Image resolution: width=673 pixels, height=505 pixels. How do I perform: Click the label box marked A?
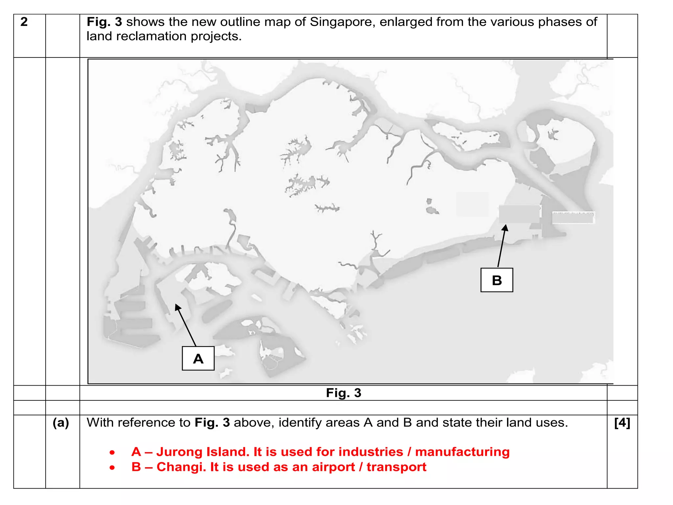pyautogui.click(x=198, y=358)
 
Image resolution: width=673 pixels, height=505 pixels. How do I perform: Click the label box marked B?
pyautogui.click(x=497, y=280)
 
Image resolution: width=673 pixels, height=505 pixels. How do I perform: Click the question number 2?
pyautogui.click(x=24, y=22)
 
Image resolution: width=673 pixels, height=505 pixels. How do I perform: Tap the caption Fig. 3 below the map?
pyautogui.click(x=343, y=393)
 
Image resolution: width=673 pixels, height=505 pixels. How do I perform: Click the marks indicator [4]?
pyautogui.click(x=622, y=423)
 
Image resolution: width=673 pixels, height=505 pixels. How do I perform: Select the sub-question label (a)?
pyautogui.click(x=61, y=423)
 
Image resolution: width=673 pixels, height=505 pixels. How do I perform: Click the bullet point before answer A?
pyautogui.click(x=112, y=453)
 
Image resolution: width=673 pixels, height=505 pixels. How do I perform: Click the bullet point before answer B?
pyautogui.click(x=112, y=468)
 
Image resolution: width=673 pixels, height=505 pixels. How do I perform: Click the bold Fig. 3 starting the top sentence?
pyautogui.click(x=104, y=22)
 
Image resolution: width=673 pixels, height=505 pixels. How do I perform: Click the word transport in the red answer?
pyautogui.click(x=396, y=467)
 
